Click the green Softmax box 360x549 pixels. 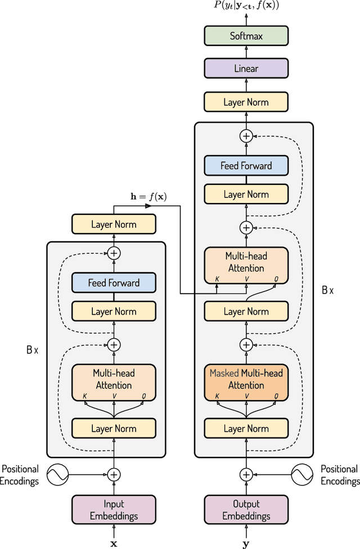pyautogui.click(x=246, y=36)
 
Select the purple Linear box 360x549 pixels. pyautogui.click(x=246, y=69)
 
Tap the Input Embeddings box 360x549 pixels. pyautogui.click(x=114, y=510)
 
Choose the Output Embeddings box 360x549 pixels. pyautogui.click(x=246, y=510)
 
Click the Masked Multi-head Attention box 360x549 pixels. pyautogui.click(x=246, y=379)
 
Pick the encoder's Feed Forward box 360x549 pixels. pyautogui.click(x=114, y=283)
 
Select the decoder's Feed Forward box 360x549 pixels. pyautogui.click(x=246, y=166)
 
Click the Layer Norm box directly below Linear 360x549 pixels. pyautogui.click(x=246, y=102)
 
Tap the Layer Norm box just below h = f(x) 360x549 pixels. pyautogui.click(x=114, y=224)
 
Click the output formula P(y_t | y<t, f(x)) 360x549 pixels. pyautogui.click(x=246, y=6)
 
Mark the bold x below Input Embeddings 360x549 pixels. pyautogui.click(x=114, y=544)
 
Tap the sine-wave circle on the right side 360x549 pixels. pyautogui.click(x=301, y=475)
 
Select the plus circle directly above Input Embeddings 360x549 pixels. pyautogui.click(x=114, y=475)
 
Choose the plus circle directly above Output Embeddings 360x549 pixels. pyautogui.click(x=246, y=475)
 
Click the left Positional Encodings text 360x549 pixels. pyautogui.click(x=20, y=475)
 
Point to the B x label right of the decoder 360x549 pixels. pyautogui.click(x=327, y=290)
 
